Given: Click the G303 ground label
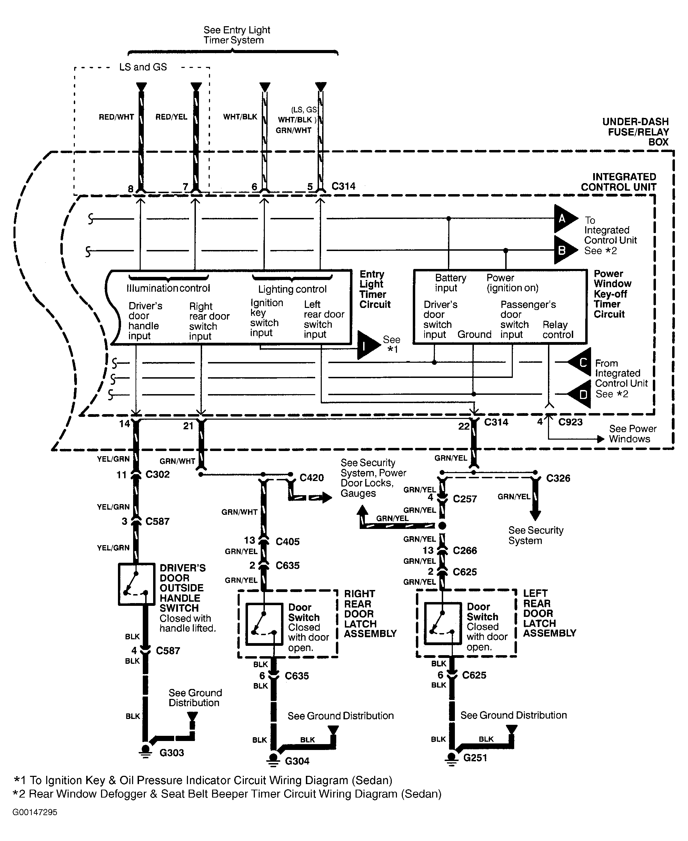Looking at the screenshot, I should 172,753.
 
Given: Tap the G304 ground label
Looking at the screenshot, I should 297,761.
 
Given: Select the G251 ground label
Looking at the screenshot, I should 475,758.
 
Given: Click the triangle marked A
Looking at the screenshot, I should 563,218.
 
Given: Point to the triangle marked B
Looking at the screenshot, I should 563,250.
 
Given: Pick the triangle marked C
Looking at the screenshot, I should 582,362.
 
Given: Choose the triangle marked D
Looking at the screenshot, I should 582,394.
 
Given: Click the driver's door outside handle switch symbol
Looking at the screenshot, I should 136,584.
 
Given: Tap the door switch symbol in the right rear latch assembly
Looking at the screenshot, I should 263,624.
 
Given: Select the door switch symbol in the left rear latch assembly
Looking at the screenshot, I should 443,623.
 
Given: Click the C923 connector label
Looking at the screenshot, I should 570,422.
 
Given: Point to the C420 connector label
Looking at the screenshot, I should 311,478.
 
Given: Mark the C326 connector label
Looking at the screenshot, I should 558,478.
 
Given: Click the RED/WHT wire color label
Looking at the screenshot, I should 116,117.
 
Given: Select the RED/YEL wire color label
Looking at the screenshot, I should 171,117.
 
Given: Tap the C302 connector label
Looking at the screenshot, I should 157,474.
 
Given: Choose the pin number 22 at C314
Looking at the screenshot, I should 464,427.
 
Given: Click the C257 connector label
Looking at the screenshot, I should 465,499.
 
